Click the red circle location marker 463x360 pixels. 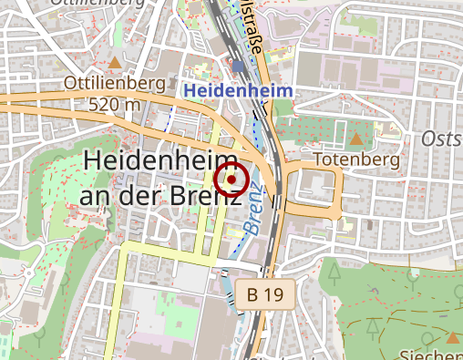(231, 180)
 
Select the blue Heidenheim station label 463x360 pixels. (238, 91)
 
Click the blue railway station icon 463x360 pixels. (239, 67)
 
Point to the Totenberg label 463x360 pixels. (356, 160)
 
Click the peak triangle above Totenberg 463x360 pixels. (355, 139)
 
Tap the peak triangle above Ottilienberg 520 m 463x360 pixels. (115, 64)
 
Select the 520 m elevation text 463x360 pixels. (115, 104)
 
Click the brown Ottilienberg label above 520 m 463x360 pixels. (115, 84)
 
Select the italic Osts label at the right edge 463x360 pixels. (442, 138)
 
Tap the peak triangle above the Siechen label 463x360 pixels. (453, 336)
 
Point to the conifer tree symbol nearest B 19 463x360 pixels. (334, 272)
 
